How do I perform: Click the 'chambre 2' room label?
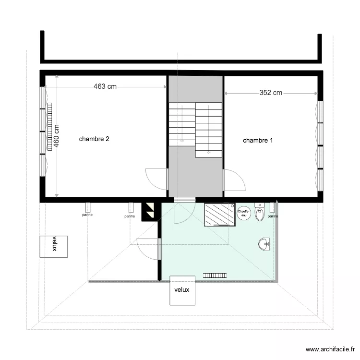click(x=95, y=139)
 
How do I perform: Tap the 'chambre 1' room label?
click(x=258, y=141)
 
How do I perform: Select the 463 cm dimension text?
click(x=105, y=87)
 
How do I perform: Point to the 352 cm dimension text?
click(x=271, y=93)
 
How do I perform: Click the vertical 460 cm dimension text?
click(x=56, y=136)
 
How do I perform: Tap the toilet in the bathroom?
click(x=260, y=213)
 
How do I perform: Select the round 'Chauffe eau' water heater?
click(x=243, y=213)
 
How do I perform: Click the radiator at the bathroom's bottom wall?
click(x=215, y=275)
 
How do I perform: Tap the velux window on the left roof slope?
click(x=54, y=246)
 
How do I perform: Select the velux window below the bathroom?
click(x=182, y=290)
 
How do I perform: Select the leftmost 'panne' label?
click(x=87, y=215)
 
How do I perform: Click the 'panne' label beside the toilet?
click(x=272, y=216)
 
